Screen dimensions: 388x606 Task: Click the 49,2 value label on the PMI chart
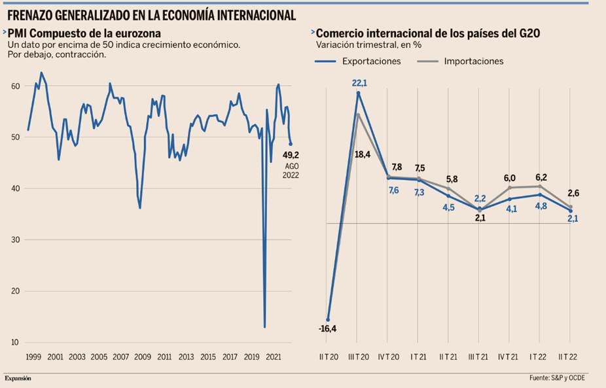pos(291,155)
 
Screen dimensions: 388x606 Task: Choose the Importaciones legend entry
pos(474,61)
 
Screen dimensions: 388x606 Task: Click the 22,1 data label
pos(359,83)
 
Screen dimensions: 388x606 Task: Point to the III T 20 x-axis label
pos(358,357)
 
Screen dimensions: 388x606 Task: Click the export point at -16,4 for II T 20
pos(328,320)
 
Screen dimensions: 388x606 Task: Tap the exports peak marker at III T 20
pos(358,93)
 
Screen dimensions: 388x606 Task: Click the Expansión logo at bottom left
pos(18,378)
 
